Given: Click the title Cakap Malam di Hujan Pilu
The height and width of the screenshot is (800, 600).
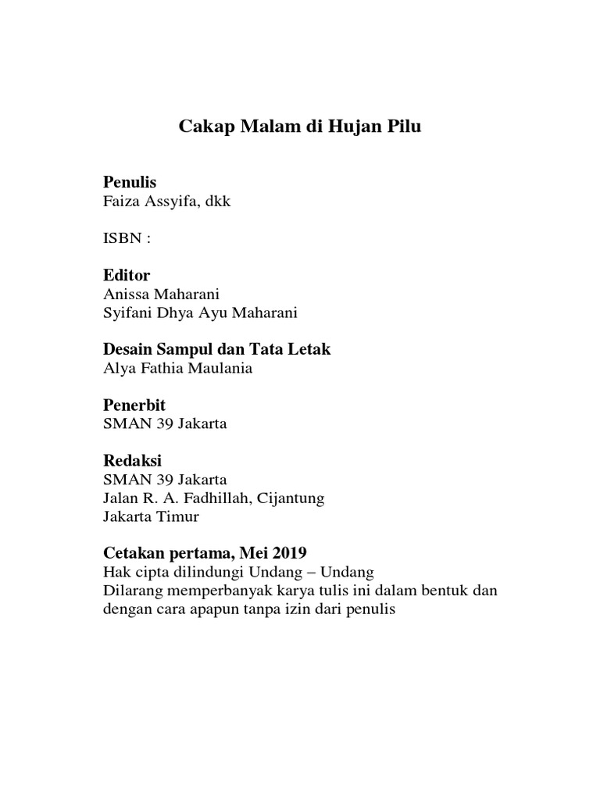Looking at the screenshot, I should [301, 127].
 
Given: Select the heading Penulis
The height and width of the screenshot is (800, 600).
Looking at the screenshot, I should [130, 183].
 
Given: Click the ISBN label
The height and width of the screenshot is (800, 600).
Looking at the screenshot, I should [126, 238].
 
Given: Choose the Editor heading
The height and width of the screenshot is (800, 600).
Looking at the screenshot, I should [127, 276].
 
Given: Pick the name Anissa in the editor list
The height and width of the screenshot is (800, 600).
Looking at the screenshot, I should [126, 295].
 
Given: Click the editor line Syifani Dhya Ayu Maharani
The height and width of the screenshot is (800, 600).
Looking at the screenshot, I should [200, 313].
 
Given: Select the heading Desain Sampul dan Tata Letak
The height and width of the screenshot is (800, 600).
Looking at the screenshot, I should [217, 349].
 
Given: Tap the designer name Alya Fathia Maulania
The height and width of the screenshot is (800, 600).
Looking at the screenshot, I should [177, 369].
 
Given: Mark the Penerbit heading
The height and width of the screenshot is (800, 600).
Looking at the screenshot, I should [134, 405].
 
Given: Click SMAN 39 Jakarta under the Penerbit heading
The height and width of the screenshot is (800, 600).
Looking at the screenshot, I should [165, 424].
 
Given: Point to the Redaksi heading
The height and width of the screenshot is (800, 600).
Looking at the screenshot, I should [132, 461].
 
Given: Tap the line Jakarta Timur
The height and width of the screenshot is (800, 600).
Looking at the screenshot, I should [151, 516].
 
